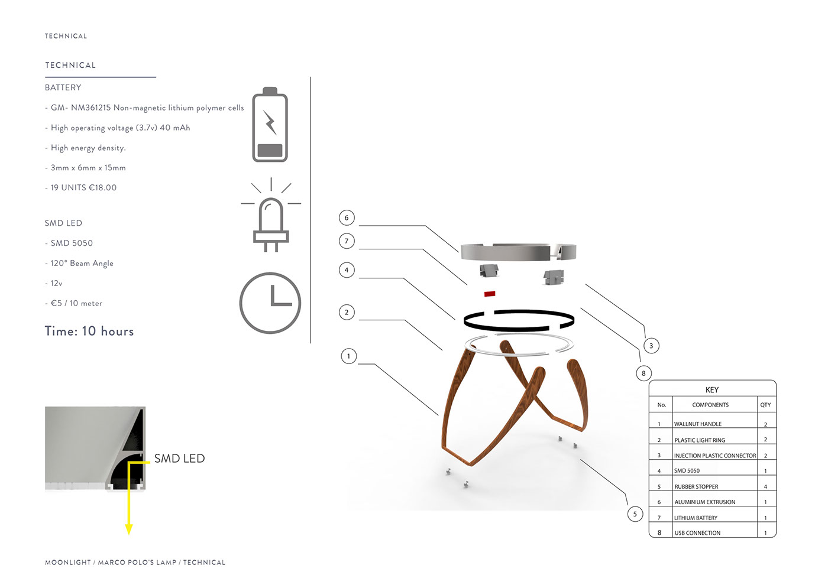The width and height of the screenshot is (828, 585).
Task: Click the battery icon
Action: (x=270, y=125)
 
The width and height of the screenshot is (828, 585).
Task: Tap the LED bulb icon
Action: (x=271, y=217)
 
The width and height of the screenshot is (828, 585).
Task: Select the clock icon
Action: (x=270, y=303)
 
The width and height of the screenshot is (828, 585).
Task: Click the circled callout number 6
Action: (x=347, y=217)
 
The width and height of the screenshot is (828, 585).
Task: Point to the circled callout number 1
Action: (x=349, y=356)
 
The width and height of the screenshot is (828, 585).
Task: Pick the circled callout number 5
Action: (x=635, y=514)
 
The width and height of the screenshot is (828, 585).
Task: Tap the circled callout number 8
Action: (x=643, y=373)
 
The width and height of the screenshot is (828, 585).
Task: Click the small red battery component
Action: (x=490, y=293)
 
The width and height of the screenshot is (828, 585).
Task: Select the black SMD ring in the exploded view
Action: (x=519, y=320)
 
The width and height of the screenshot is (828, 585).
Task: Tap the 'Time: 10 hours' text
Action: (x=89, y=331)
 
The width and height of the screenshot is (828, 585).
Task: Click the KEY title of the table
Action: (x=712, y=390)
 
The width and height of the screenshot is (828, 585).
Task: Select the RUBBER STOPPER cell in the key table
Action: (x=696, y=487)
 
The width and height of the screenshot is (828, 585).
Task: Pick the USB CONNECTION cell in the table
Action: (x=697, y=533)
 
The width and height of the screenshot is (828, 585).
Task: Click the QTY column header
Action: (x=765, y=405)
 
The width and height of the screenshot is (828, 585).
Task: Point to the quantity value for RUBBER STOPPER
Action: (x=765, y=487)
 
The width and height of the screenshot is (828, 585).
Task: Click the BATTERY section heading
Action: (x=63, y=87)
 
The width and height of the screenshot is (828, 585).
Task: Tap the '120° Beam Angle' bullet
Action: (x=82, y=264)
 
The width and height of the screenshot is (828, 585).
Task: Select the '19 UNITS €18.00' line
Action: (x=83, y=188)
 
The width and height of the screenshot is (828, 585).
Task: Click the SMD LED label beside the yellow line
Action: (x=179, y=459)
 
